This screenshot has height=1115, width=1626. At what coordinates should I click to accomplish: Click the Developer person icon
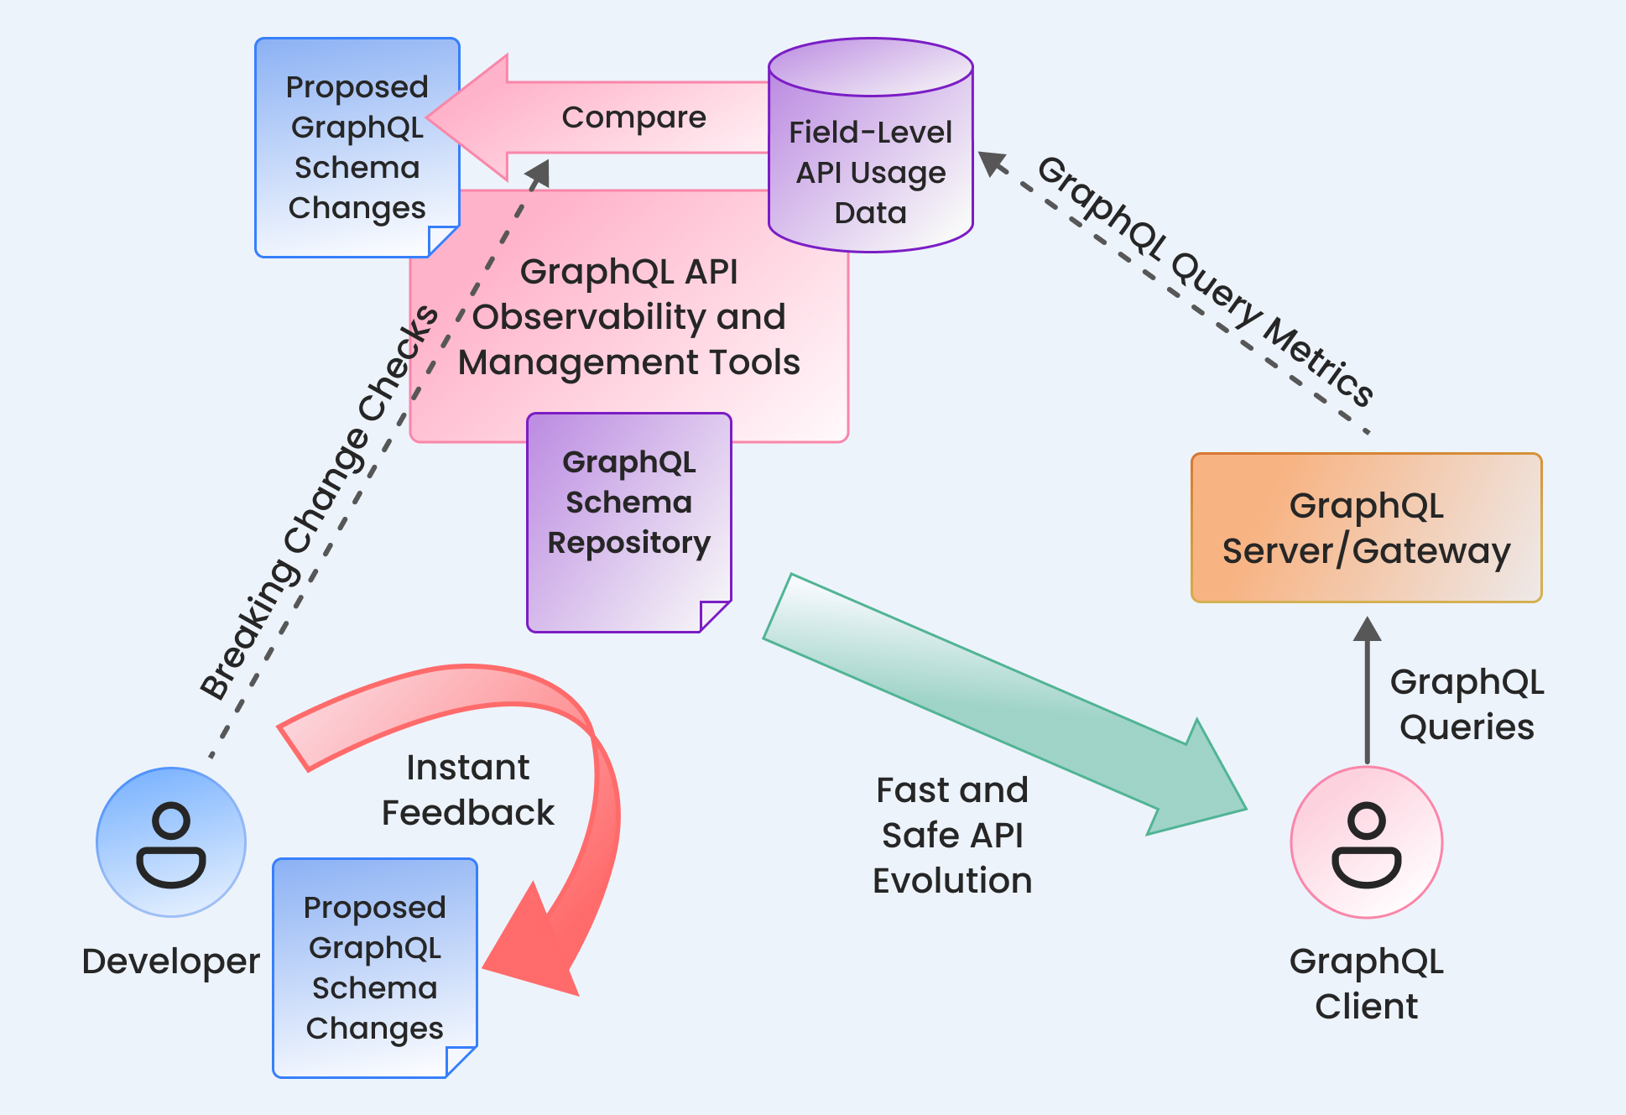[x=171, y=841]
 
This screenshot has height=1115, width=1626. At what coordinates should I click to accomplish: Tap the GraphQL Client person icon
[x=1367, y=841]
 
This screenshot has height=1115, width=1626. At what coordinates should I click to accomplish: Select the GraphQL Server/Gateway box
[x=1367, y=528]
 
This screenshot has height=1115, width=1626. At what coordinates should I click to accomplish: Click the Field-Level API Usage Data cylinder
[x=871, y=144]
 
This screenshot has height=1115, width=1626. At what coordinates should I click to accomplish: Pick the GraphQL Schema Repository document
[x=629, y=522]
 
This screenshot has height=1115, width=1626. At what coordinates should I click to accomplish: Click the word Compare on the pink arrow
[x=633, y=117]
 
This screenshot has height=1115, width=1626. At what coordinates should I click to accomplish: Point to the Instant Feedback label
[x=468, y=789]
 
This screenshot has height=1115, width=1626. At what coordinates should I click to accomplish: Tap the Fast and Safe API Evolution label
[x=952, y=835]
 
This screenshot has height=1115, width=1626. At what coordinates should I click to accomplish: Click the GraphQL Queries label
[x=1467, y=704]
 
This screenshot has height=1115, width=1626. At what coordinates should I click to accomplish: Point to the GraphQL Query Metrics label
[x=1205, y=281]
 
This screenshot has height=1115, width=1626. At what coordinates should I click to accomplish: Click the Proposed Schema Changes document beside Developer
[x=375, y=967]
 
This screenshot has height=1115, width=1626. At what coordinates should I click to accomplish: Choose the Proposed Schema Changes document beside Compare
[x=357, y=147]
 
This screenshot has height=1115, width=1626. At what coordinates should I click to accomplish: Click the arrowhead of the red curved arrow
[x=533, y=944]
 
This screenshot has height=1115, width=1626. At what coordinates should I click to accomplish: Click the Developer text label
[x=171, y=961]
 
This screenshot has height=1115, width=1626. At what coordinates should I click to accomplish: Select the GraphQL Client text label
[x=1367, y=983]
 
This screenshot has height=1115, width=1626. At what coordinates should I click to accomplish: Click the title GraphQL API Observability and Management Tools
[x=629, y=317]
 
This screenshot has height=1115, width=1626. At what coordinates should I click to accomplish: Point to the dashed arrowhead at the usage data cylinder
[x=993, y=163]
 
